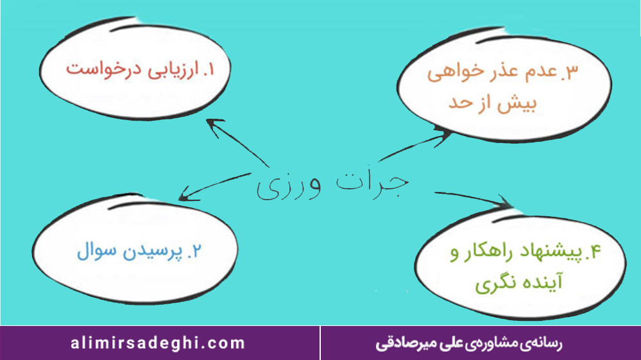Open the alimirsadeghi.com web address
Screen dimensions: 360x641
158,343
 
